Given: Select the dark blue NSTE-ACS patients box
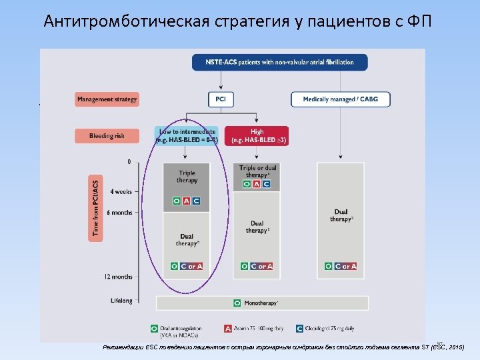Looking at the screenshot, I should (x=275, y=63).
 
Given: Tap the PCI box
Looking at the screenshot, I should (x=220, y=99).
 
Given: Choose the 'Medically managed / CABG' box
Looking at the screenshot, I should (x=340, y=99).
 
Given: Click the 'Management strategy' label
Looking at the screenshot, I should (x=107, y=99).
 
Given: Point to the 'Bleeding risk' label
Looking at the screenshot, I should (x=107, y=136).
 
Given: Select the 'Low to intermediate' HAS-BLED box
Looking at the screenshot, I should (x=187, y=136).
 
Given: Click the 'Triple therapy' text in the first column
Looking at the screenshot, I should (x=187, y=177).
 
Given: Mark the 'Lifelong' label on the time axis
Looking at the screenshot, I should (x=121, y=301).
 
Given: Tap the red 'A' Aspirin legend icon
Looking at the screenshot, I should (x=228, y=328).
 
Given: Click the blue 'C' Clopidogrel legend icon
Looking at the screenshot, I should (x=300, y=328).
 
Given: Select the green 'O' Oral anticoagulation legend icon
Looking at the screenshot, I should (x=155, y=328).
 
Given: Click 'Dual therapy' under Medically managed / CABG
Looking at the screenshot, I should (x=341, y=215).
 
